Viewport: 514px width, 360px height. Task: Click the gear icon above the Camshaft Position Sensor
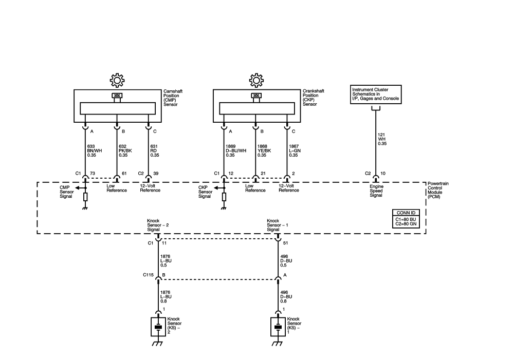point(117,80)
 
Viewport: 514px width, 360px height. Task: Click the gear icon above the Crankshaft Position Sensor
point(256,80)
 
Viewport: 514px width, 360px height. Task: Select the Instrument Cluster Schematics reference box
point(376,94)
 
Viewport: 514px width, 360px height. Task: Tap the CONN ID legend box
point(406,218)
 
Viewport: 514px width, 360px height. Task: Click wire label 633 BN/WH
point(95,150)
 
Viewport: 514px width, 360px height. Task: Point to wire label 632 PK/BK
point(125,150)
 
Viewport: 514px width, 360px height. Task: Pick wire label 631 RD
point(154,150)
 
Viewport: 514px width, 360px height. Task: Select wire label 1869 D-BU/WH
point(236,150)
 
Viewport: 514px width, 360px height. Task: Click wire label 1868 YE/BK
point(264,150)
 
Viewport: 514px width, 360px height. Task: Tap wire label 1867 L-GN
point(295,150)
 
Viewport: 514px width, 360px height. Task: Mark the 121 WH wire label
point(382,139)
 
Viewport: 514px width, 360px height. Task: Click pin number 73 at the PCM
point(93,173)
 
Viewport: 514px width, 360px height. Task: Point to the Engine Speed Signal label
point(376,191)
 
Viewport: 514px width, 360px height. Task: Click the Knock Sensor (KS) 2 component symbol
point(158,327)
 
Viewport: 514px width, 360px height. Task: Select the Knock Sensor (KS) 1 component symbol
point(278,327)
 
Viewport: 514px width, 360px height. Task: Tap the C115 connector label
point(148,275)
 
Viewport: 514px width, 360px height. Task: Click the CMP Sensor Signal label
point(66,192)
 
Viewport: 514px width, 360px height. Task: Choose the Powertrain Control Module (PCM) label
point(438,191)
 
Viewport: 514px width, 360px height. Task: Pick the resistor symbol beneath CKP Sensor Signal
point(224,197)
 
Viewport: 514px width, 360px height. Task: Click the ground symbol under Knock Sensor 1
point(278,343)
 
